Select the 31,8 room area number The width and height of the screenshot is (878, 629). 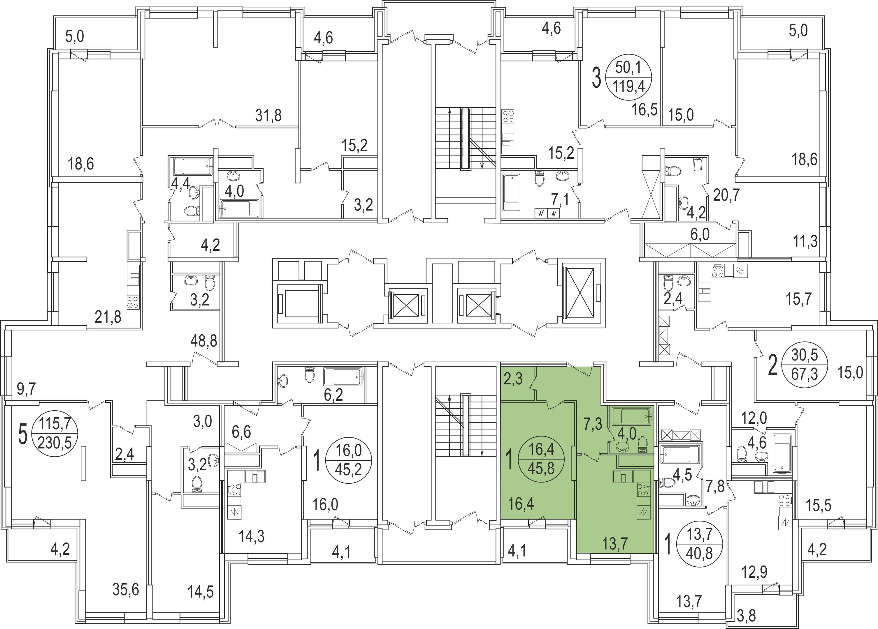click(x=268, y=115)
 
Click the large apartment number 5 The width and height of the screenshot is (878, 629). click(x=23, y=434)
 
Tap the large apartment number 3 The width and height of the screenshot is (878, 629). click(x=597, y=78)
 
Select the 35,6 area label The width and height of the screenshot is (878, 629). click(x=126, y=590)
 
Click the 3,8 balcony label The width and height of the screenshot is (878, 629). click(x=746, y=615)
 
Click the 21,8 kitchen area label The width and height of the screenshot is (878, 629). click(x=108, y=317)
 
